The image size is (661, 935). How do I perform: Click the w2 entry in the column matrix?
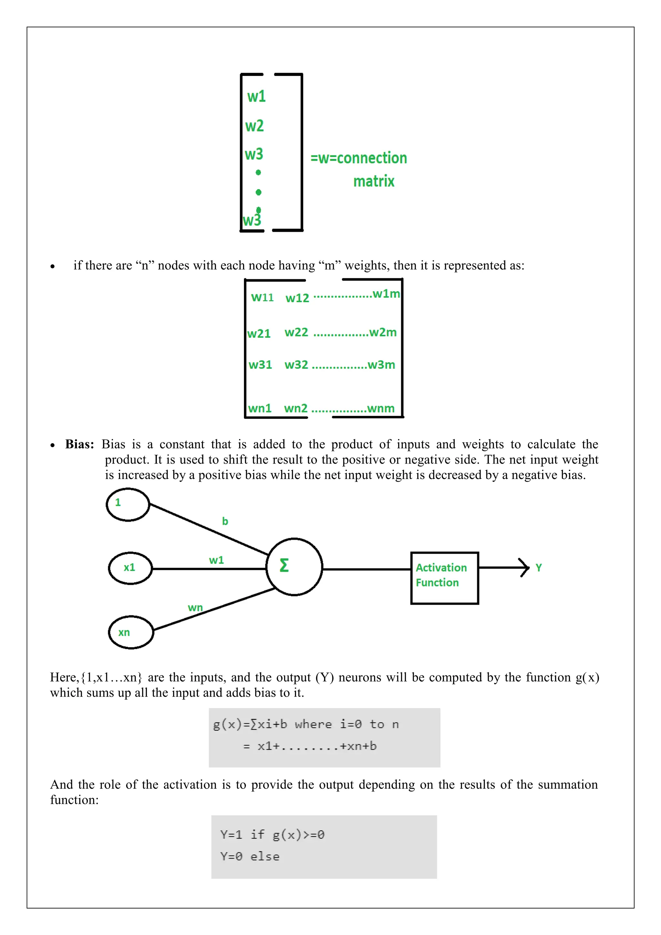click(x=254, y=126)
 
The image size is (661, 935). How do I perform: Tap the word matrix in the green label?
click(x=374, y=181)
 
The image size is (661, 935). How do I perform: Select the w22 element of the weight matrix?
click(x=296, y=332)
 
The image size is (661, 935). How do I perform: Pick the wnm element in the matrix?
click(x=381, y=408)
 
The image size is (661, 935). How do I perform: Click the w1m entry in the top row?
click(x=386, y=293)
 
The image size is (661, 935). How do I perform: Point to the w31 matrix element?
click(x=260, y=365)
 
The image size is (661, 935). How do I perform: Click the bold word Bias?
click(x=80, y=444)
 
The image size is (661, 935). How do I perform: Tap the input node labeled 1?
click(x=128, y=504)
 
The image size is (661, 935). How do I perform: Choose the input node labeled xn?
click(x=131, y=632)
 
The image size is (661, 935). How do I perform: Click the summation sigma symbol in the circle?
click(x=284, y=566)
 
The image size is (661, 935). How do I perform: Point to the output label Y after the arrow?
click(x=538, y=567)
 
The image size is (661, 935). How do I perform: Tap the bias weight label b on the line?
click(x=225, y=521)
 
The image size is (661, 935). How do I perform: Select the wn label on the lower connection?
click(x=195, y=608)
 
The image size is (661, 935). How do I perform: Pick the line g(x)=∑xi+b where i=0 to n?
click(x=306, y=724)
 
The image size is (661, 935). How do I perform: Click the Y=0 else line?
click(x=250, y=857)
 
